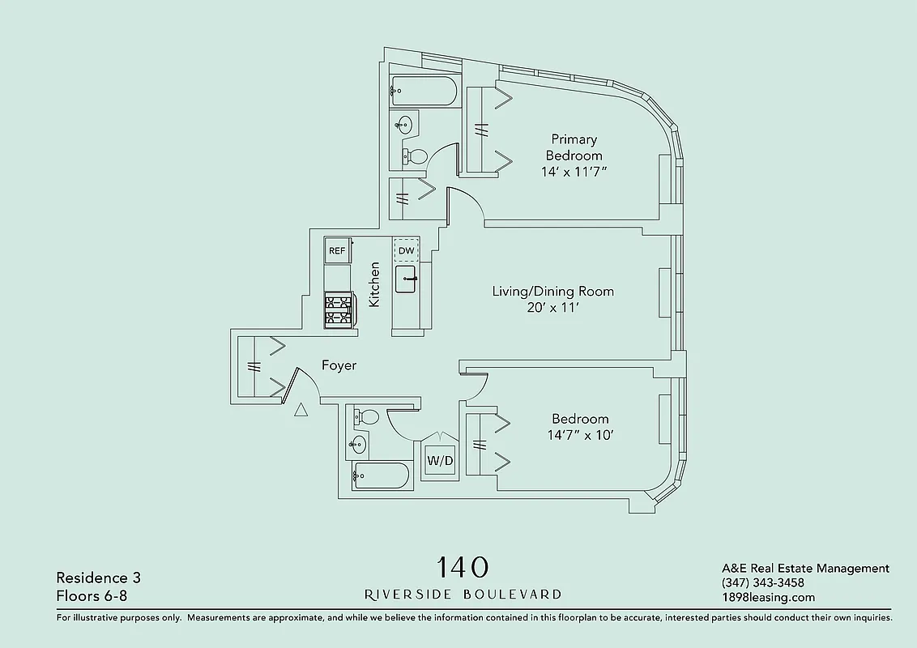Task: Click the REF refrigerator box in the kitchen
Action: pos(337,251)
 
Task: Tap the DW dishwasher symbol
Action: pos(406,251)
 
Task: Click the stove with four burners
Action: pos(339,310)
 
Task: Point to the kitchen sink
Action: pos(407,279)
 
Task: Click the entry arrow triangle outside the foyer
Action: pos(301,410)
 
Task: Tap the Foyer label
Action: pos(339,365)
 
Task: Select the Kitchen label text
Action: pos(374,283)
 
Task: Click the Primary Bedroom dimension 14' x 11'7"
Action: pos(574,172)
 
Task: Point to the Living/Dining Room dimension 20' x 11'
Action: pos(553,308)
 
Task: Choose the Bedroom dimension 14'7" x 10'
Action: pos(580,435)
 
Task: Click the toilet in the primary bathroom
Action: pos(415,156)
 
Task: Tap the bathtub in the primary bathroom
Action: pos(423,91)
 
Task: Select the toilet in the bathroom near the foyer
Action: pos(366,417)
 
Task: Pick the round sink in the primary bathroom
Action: pos(404,125)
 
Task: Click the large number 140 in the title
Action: pos(463,566)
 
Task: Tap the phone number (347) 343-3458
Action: pos(762,583)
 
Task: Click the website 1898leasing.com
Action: pos(768,598)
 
